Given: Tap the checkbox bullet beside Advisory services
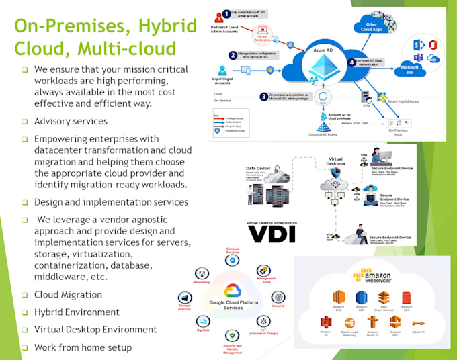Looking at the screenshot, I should click(x=24, y=122).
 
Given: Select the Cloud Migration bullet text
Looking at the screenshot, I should click(x=68, y=294).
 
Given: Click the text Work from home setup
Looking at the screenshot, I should click(x=83, y=347).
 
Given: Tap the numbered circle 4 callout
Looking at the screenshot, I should click(x=352, y=62).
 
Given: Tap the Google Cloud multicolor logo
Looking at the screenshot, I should click(x=233, y=290).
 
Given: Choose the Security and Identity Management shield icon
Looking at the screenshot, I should click(x=233, y=335).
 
